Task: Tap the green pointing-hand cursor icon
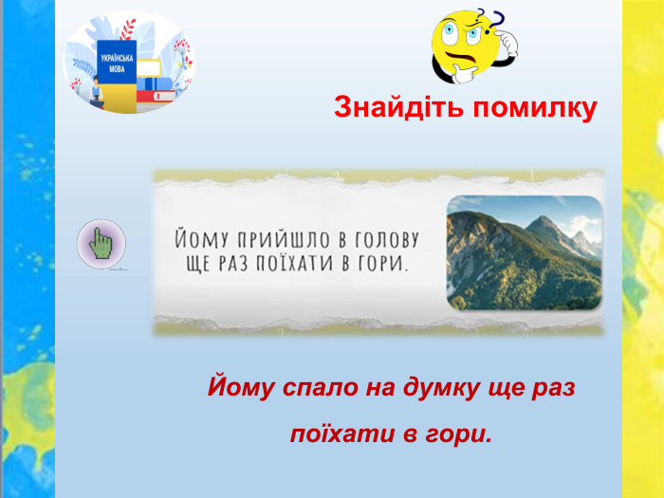(x=101, y=244)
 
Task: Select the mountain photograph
(x=525, y=253)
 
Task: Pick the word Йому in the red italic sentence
(x=241, y=386)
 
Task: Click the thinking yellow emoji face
(x=466, y=45)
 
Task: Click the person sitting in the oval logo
(x=97, y=91)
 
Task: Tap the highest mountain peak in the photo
(x=543, y=216)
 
